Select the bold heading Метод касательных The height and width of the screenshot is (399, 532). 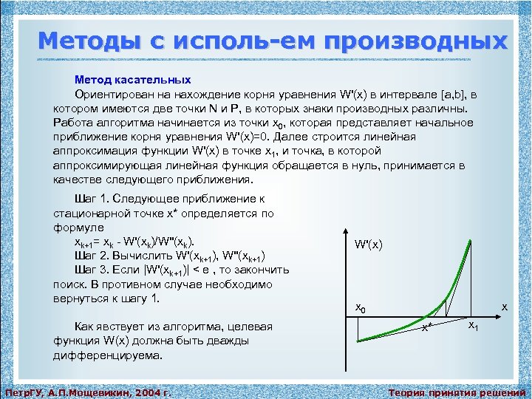(132, 80)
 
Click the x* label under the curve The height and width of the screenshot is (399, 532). (426, 327)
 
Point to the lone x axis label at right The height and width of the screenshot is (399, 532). (505, 306)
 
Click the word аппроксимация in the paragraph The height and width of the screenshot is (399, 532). (92, 151)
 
